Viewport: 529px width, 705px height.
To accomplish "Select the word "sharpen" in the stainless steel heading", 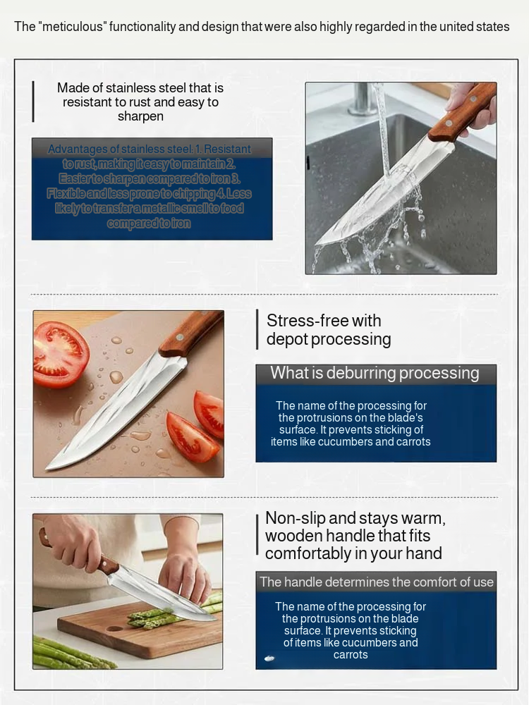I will tap(140, 116).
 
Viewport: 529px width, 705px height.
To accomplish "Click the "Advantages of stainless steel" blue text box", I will tap(152, 188).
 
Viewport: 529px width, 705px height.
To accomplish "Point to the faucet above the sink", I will tap(362, 99).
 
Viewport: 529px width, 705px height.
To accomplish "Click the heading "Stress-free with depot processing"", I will tap(328, 330).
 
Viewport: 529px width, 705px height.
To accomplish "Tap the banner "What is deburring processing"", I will tap(375, 374).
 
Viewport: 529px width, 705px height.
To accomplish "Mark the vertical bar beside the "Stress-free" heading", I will tap(257, 329).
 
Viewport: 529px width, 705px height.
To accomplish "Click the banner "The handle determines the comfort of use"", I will tap(376, 582).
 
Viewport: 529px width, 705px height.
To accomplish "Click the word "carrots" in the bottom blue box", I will tap(351, 655).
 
